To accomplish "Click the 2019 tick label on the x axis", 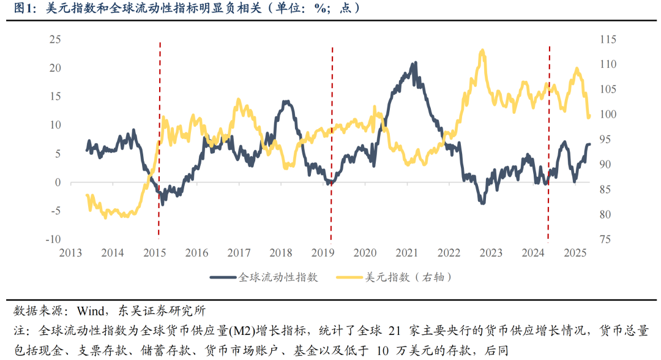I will tap(323, 253).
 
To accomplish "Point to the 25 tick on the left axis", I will tap(54, 40).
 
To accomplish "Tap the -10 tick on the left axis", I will tap(52, 239).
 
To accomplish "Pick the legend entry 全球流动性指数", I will tap(264, 277).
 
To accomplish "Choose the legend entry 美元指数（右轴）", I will tap(395, 277).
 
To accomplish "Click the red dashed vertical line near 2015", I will tap(160, 141).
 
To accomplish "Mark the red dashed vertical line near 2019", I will tap(332, 141).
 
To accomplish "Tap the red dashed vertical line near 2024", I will tap(548, 141).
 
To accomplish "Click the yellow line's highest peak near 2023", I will tap(482, 51).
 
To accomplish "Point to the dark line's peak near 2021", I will tap(416, 62).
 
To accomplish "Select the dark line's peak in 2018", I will tap(286, 102).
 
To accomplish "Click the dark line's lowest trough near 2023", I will tap(482, 203).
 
